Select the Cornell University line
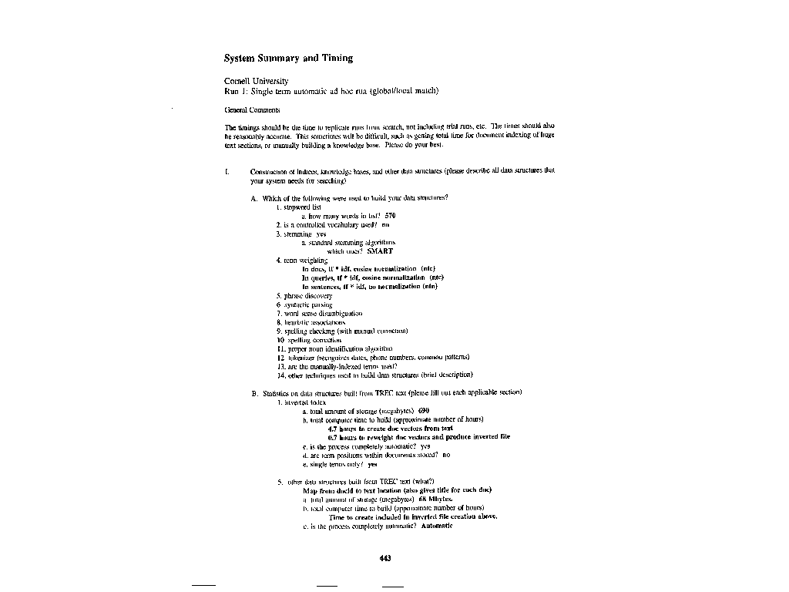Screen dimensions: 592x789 256,80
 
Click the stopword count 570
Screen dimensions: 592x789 390,216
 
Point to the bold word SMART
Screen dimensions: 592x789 380,251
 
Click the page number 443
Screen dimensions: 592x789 386,558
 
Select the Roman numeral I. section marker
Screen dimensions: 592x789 227,170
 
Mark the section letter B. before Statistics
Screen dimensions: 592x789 253,393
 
